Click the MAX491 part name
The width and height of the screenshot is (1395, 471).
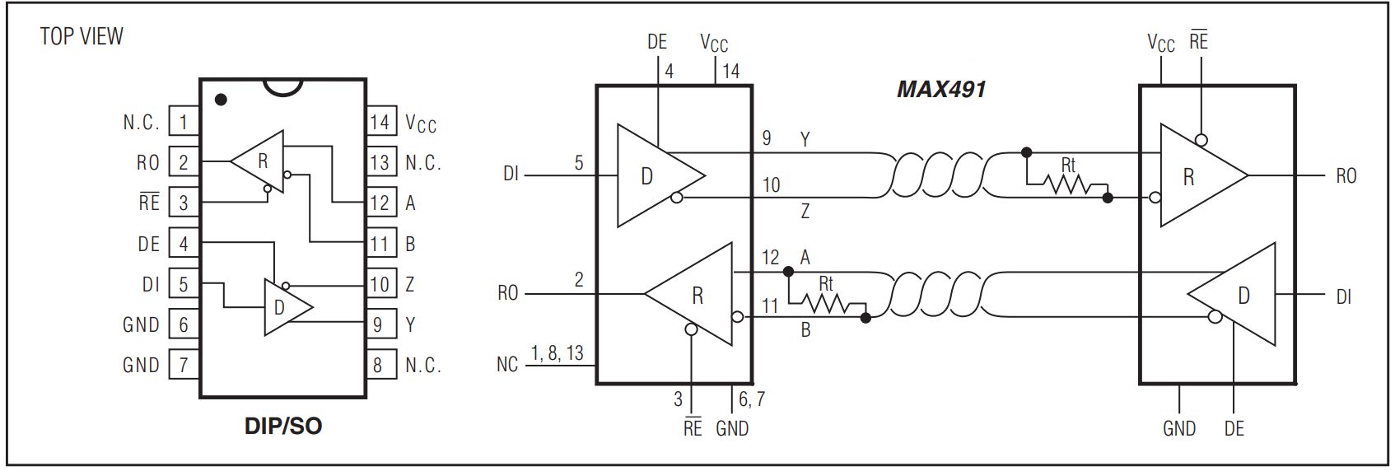tap(941, 89)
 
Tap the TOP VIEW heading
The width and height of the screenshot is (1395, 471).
tap(82, 36)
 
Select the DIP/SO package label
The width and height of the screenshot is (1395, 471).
tap(283, 427)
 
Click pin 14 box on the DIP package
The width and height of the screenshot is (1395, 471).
tap(380, 122)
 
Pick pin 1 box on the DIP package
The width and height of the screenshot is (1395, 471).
tap(184, 122)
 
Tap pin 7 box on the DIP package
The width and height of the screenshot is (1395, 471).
tap(184, 365)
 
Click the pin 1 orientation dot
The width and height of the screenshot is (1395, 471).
tap(221, 100)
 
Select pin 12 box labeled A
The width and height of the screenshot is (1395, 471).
tap(380, 203)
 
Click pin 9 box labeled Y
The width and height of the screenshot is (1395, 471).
tap(380, 324)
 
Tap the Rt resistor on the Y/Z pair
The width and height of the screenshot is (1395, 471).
tap(1066, 184)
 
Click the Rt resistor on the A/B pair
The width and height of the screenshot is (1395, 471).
tap(827, 303)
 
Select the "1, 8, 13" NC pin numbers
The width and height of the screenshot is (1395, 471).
tap(558, 353)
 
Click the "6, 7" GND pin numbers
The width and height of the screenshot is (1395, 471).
tap(752, 399)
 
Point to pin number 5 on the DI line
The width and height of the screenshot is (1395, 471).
tap(579, 163)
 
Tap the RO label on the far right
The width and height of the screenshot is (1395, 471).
tap(1346, 176)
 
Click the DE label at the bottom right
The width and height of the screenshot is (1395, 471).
tap(1234, 429)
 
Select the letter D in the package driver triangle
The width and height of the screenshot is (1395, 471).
tap(279, 307)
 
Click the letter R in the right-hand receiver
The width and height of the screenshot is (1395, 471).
tap(1189, 178)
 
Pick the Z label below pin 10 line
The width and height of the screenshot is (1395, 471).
tap(805, 211)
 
